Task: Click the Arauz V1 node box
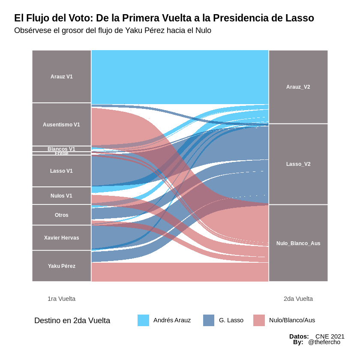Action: pyautogui.click(x=61, y=77)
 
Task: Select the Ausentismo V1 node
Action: pyautogui.click(x=61, y=125)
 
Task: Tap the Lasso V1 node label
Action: pyautogui.click(x=61, y=171)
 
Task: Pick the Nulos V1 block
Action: pyautogui.click(x=61, y=196)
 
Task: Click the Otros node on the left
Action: pyautogui.click(x=61, y=215)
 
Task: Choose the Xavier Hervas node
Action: pyautogui.click(x=61, y=238)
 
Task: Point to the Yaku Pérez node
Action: pyautogui.click(x=61, y=266)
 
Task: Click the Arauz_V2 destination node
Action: pyautogui.click(x=298, y=87)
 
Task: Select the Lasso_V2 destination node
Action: pyautogui.click(x=298, y=164)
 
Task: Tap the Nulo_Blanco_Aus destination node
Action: pyautogui.click(x=298, y=243)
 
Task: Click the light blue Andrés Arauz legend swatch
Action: pyautogui.click(x=143, y=320)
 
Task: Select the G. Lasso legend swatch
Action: pyautogui.click(x=209, y=320)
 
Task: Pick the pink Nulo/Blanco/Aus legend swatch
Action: pyautogui.click(x=259, y=320)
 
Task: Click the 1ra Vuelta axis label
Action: pyautogui.click(x=61, y=299)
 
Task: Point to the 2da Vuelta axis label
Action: pyautogui.click(x=298, y=299)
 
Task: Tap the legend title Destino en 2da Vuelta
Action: pyautogui.click(x=72, y=321)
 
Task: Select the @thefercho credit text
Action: pyautogui.click(x=324, y=342)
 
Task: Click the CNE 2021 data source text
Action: pyautogui.click(x=330, y=336)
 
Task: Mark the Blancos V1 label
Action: pyautogui.click(x=61, y=149)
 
